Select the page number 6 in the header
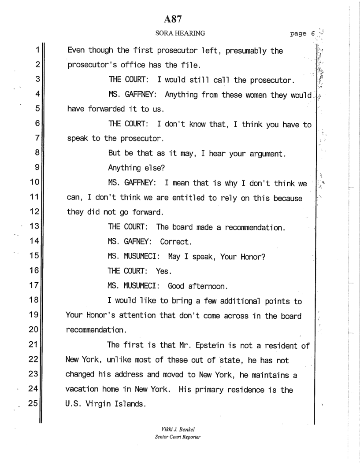coord(308,33)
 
